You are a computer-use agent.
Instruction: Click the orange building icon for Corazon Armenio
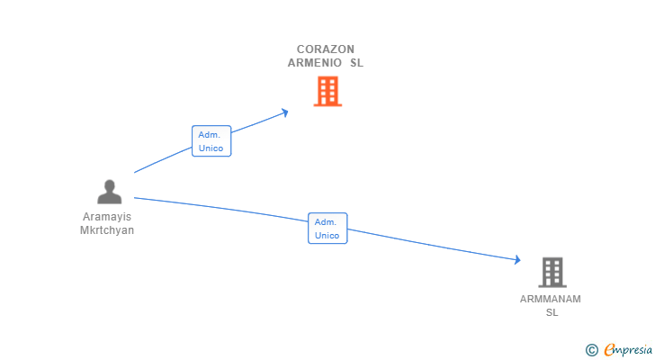tap(327, 91)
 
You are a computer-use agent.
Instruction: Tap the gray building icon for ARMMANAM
tap(552, 272)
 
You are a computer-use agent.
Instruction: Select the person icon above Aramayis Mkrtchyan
tap(109, 192)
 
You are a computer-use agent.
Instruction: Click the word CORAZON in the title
tap(326, 49)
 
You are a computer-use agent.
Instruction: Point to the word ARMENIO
tap(315, 63)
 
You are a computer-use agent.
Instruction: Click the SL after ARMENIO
tap(357, 63)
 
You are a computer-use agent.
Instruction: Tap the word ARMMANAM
tap(551, 299)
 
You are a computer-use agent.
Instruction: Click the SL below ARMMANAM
tap(552, 312)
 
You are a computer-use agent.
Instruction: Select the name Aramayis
tap(107, 217)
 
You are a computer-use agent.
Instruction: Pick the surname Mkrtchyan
tap(107, 229)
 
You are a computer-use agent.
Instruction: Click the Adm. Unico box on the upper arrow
tap(211, 141)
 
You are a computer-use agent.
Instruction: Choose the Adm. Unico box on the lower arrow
tap(327, 229)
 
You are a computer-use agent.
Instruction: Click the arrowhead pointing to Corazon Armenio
tap(285, 112)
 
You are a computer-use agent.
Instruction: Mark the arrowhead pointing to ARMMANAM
tap(517, 260)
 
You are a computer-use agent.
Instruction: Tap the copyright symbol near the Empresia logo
tap(592, 350)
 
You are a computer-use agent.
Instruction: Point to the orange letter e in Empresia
tap(609, 350)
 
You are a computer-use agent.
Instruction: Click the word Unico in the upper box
tap(211, 148)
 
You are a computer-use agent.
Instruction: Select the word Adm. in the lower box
tap(327, 221)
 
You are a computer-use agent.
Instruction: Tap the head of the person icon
tap(109, 185)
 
